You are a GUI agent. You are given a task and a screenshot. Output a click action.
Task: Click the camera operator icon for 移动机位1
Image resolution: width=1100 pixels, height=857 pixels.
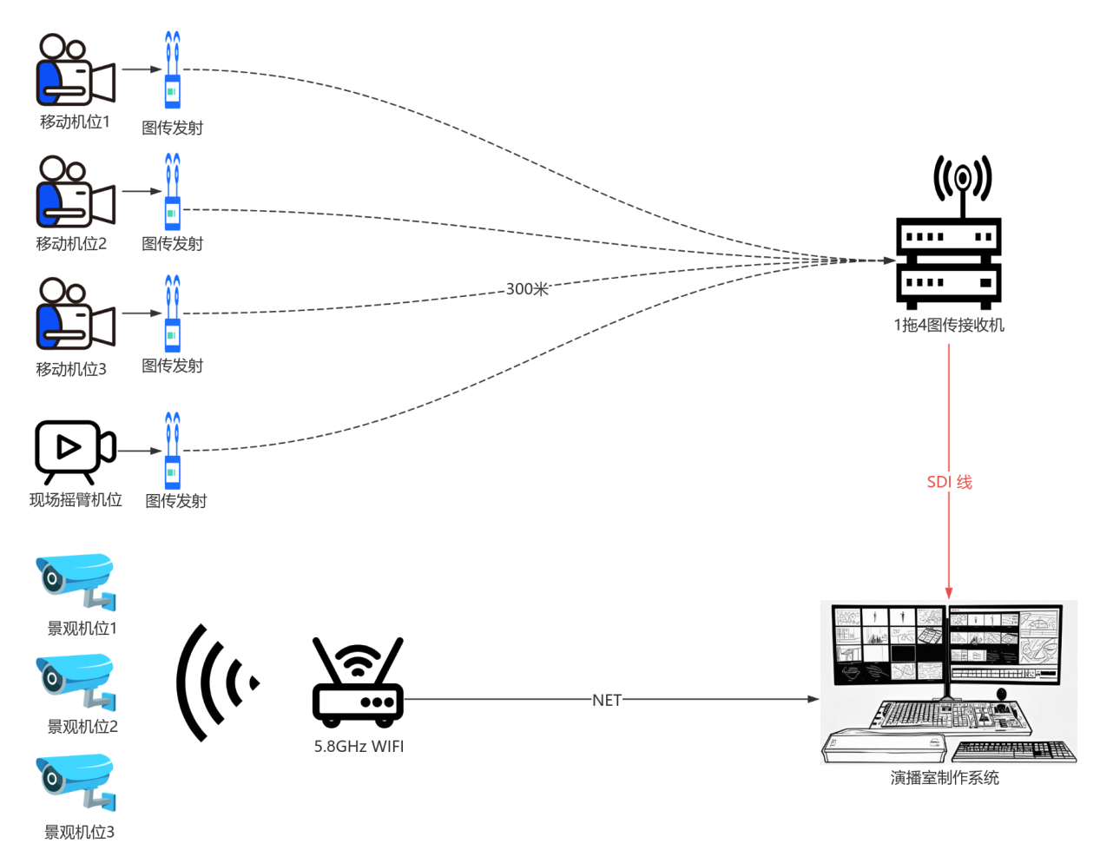tap(75, 70)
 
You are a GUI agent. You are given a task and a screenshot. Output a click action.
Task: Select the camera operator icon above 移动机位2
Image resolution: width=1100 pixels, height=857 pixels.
tap(75, 192)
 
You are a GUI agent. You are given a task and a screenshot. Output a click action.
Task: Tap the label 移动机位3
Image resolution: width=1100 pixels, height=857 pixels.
tap(71, 369)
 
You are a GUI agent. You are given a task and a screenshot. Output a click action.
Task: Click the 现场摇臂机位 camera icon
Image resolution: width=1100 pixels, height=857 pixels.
tap(75, 451)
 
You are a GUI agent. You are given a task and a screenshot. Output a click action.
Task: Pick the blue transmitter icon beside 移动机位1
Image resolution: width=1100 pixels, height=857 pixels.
tap(173, 70)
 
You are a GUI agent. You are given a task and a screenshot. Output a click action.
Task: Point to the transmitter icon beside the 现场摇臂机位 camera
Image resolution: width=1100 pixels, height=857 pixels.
tap(173, 451)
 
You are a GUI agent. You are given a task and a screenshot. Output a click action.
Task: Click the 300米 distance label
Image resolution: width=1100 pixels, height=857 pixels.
tap(527, 289)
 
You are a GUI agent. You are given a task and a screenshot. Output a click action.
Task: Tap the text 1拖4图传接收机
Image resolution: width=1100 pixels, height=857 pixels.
tap(949, 325)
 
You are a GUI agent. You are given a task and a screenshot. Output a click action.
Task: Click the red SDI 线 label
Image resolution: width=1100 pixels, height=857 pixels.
tap(949, 482)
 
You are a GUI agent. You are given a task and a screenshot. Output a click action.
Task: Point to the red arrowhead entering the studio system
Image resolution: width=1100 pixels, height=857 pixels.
tap(949, 593)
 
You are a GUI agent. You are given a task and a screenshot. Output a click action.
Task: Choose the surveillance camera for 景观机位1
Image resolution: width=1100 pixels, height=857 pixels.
tap(76, 581)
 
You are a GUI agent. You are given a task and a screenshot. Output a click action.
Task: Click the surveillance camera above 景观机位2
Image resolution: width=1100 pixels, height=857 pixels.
tap(76, 681)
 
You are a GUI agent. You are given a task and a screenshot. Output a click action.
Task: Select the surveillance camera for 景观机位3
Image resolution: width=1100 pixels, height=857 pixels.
tap(76, 782)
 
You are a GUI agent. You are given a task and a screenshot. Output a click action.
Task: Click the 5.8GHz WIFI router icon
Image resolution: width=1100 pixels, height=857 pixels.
tap(358, 682)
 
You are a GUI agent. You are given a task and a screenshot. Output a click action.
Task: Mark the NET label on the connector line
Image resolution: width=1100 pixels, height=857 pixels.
tap(607, 700)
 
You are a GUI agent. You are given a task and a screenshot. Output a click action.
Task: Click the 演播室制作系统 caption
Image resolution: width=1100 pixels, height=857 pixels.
tap(945, 778)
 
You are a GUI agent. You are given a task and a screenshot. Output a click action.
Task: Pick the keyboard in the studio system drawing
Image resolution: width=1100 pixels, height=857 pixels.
tap(1014, 750)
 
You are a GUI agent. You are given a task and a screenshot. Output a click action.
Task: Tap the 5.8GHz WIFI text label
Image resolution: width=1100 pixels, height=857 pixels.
tap(359, 746)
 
